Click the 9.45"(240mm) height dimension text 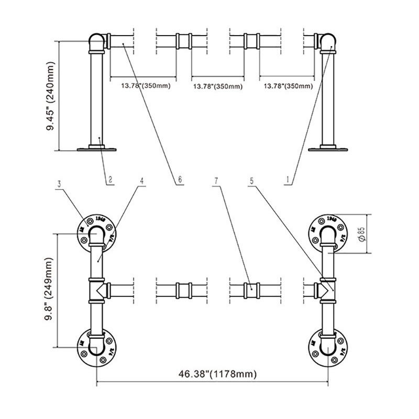click(51, 96)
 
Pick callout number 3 click(60, 183)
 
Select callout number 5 click(252, 181)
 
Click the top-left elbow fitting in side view click(96, 42)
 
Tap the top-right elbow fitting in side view click(329, 42)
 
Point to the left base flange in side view click(97, 149)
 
